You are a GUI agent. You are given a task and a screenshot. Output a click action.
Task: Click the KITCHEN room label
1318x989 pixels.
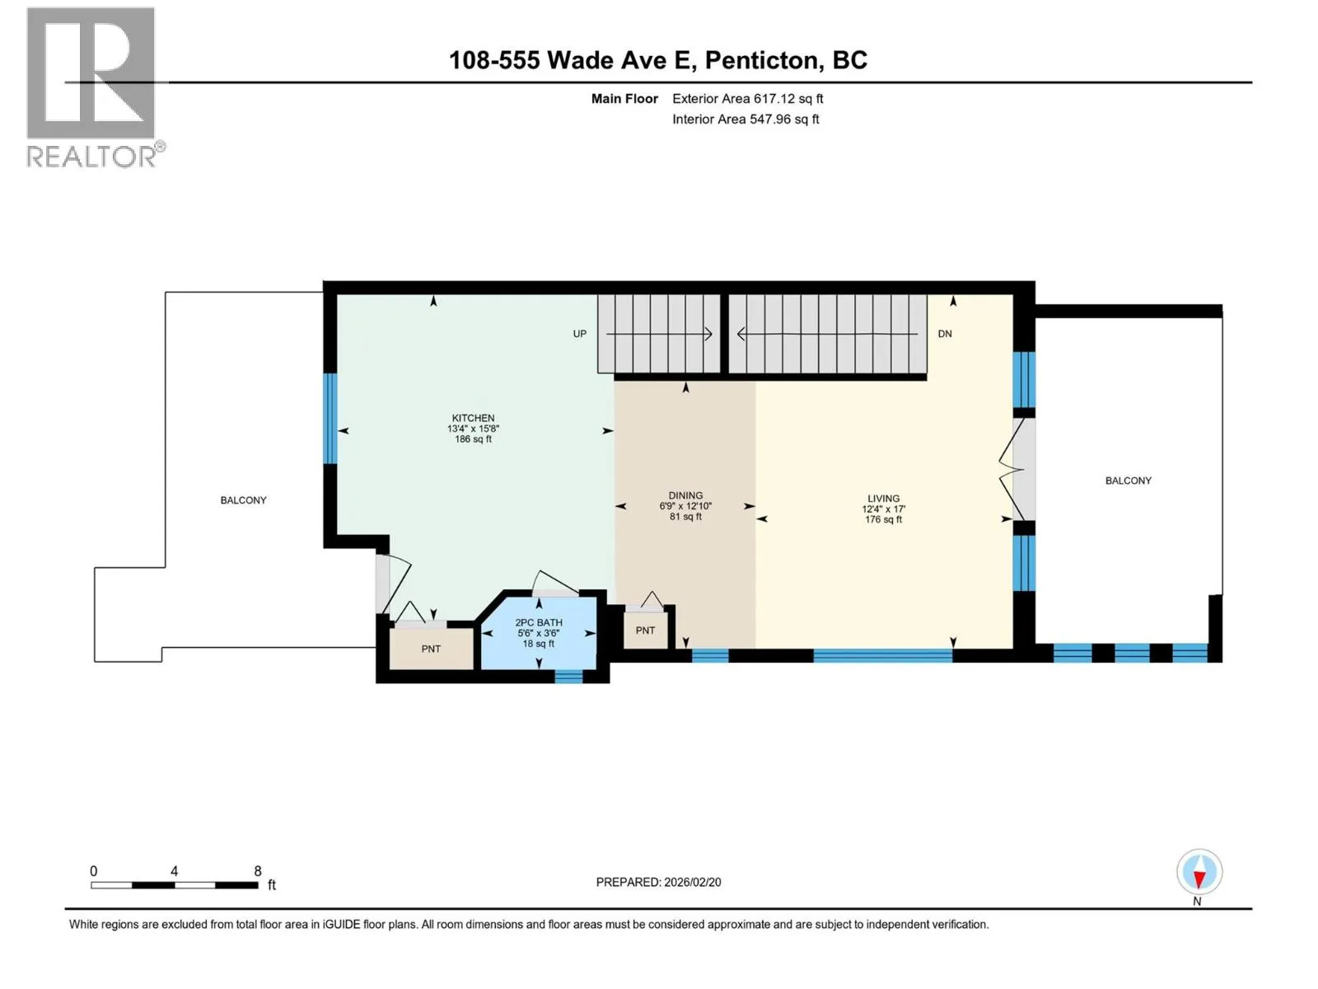click(473, 418)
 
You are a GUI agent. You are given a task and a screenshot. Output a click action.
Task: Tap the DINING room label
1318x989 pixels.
click(685, 495)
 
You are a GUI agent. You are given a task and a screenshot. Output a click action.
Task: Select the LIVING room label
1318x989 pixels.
click(883, 499)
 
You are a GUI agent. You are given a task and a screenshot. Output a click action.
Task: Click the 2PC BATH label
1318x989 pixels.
click(539, 623)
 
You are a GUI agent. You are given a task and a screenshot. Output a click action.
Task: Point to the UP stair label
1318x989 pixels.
click(579, 334)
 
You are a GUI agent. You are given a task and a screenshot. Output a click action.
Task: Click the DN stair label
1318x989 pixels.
click(945, 334)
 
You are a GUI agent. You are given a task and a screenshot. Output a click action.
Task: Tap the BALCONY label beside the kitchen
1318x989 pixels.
click(243, 500)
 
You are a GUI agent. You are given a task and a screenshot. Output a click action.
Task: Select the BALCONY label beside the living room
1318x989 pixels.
click(1129, 480)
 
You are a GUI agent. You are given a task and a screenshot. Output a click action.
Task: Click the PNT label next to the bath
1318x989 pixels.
click(431, 649)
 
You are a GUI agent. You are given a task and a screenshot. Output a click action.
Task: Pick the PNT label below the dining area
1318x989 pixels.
click(645, 630)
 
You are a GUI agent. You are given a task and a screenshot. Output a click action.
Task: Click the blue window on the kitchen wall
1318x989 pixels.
click(329, 419)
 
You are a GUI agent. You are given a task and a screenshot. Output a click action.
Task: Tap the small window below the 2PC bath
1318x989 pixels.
click(568, 677)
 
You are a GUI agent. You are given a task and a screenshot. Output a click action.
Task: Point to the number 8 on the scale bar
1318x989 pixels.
click(258, 870)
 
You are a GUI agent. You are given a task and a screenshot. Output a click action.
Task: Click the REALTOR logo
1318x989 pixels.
click(95, 87)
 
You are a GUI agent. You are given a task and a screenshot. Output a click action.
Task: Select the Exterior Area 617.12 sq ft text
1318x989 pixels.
click(748, 98)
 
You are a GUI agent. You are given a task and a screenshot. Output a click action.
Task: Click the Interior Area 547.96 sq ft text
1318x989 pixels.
click(745, 119)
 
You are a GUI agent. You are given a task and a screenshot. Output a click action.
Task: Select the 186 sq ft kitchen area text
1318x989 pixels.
click(473, 439)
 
